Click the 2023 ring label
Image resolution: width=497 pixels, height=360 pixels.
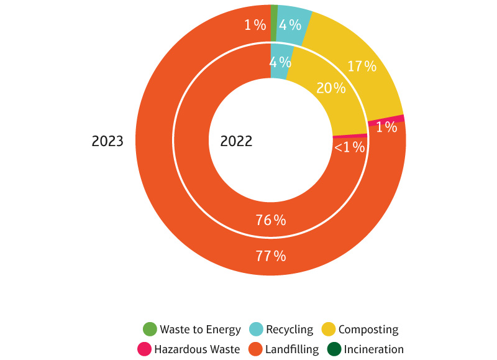[107, 141]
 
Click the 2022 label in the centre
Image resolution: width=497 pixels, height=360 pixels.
[236, 141]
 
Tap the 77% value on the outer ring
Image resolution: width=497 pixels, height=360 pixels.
[271, 256]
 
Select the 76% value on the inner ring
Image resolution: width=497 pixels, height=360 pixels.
[271, 220]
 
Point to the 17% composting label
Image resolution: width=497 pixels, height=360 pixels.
[362, 66]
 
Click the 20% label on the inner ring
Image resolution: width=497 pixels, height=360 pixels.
[331, 88]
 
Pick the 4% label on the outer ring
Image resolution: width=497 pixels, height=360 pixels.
[290, 25]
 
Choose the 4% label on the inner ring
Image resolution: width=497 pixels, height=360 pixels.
[281, 62]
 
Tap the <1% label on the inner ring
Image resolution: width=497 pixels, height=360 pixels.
[350, 147]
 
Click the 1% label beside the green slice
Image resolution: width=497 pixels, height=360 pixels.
[255, 25]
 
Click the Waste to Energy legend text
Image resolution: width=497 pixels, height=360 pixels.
[201, 330]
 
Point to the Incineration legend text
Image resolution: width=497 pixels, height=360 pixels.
[373, 349]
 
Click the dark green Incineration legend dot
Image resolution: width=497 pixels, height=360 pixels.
[334, 349]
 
